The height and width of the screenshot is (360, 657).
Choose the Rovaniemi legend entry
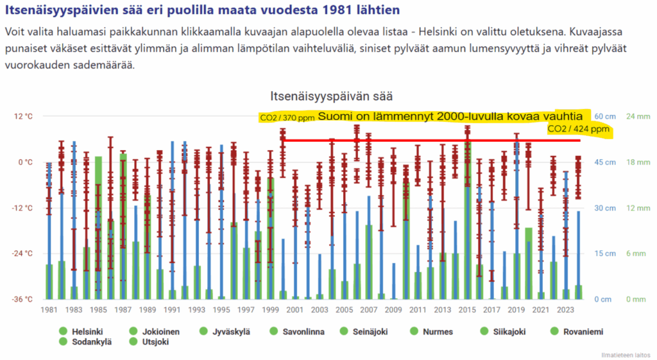pyautogui.click(x=577, y=332)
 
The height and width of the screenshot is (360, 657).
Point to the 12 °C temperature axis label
pyautogui.click(x=24, y=117)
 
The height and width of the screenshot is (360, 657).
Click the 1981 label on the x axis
pyautogui.click(x=49, y=310)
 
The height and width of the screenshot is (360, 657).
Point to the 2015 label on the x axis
pyautogui.click(x=468, y=310)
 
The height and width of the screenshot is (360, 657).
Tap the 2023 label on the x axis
pyautogui.click(x=566, y=310)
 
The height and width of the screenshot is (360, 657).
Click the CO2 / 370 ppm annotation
pyautogui.click(x=287, y=118)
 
